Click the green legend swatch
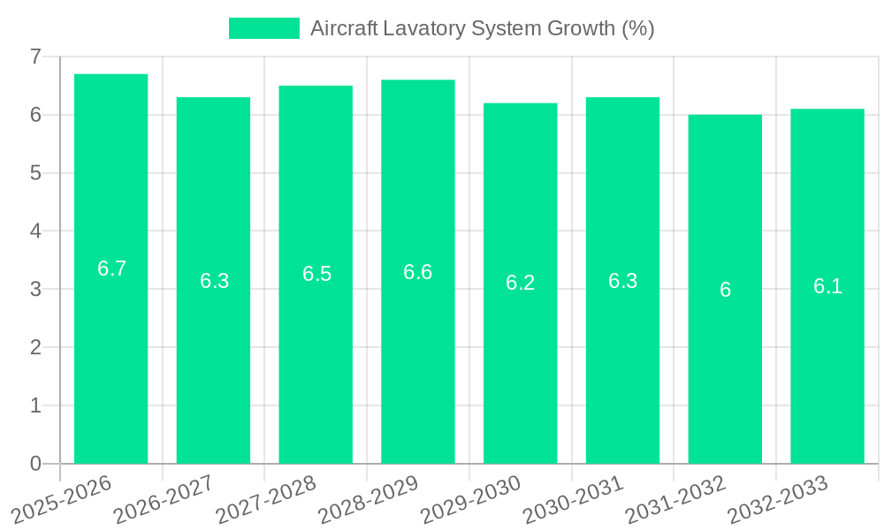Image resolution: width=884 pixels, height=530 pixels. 263,28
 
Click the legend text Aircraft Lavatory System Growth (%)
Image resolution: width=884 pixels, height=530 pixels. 482,28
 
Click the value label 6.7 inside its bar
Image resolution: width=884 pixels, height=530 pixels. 111,269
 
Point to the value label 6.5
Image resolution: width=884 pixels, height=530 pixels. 316,274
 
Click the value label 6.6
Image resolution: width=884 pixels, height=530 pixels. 417,271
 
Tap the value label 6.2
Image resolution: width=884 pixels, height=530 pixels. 520,283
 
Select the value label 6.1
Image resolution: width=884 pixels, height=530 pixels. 827,286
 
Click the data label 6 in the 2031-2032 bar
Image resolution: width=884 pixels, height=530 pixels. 725,290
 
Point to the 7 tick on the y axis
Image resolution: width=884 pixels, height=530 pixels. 35,57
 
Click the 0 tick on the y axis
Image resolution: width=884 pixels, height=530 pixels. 35,464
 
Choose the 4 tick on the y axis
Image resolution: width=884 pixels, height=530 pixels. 35,231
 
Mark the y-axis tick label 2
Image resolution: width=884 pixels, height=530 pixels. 35,347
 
